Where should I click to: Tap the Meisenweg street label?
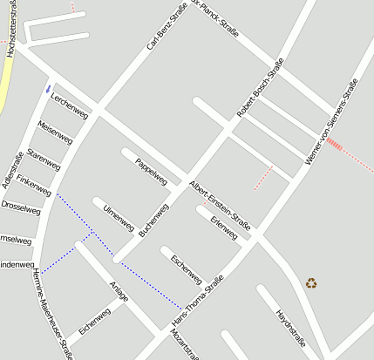pos(56,133)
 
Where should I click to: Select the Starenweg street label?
pos(44,159)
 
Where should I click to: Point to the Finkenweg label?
pos(33,185)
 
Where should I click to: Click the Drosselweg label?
pos(21,208)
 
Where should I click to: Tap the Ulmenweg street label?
pos(119,219)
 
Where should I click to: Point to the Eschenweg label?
pos(187,268)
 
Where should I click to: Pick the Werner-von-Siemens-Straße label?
pos(332,122)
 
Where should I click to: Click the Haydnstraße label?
pos(290,327)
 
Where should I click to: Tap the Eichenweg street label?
pos(94,320)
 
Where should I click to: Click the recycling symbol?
pos(311,282)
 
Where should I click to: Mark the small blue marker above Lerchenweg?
pos(48,87)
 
